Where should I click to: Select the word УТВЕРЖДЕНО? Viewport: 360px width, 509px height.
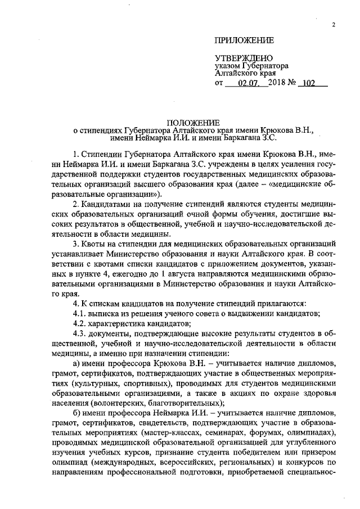click(x=244, y=58)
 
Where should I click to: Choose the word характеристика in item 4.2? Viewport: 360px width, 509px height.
click(x=124, y=323)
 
